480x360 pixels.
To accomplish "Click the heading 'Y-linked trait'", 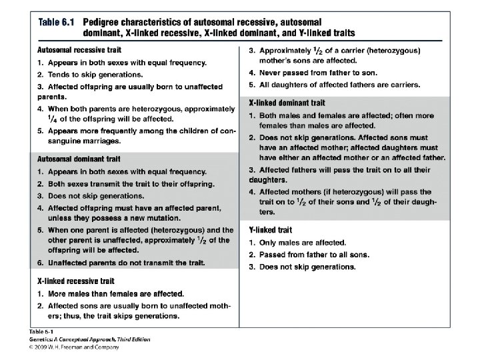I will (x=270, y=230).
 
